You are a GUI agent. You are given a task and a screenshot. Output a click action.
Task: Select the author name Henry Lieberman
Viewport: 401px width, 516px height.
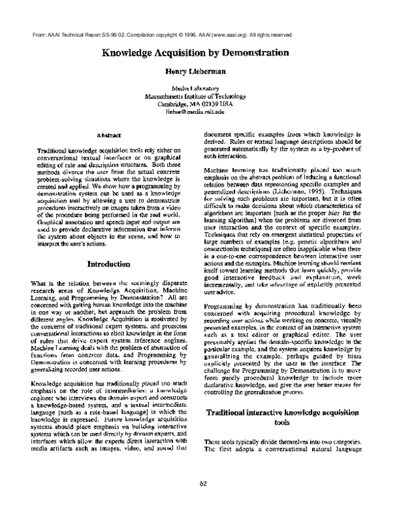(x=200, y=70)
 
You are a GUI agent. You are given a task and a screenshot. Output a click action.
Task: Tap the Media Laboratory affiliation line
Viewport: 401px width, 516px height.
(x=200, y=88)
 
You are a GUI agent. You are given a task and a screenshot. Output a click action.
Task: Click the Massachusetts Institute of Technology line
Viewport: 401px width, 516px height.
(x=200, y=96)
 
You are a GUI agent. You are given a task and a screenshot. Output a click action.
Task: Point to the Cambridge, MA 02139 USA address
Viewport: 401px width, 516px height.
(x=200, y=104)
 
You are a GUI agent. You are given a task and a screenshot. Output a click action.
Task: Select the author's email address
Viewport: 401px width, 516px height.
(x=200, y=112)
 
